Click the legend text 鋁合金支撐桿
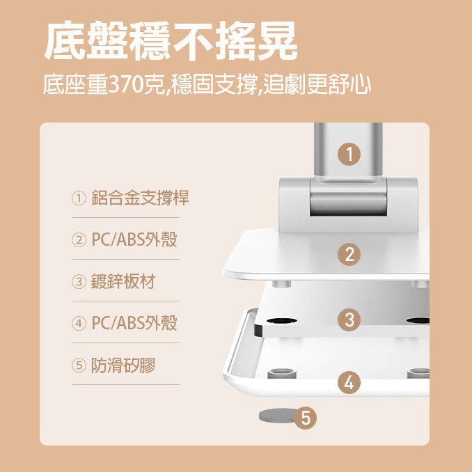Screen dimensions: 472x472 (x=140, y=198)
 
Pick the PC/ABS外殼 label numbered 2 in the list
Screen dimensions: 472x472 (x=134, y=239)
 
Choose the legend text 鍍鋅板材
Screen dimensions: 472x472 (x=123, y=281)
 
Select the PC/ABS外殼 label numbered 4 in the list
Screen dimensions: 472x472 (x=134, y=323)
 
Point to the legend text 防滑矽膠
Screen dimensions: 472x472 (x=123, y=365)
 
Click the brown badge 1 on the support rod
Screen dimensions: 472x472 (x=349, y=154)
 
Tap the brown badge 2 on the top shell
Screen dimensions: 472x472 (x=349, y=254)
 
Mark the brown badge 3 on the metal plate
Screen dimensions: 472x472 (x=349, y=320)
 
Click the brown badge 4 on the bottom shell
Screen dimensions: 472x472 (x=349, y=381)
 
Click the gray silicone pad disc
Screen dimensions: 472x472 (x=275, y=416)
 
